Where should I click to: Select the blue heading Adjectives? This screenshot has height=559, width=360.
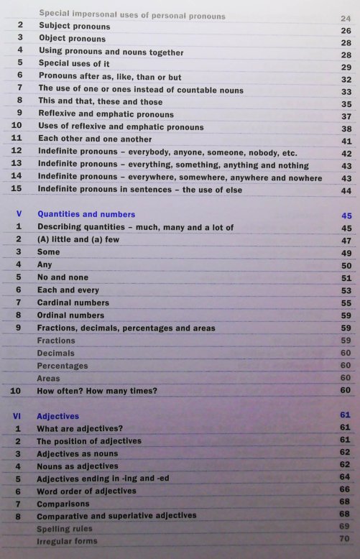coord(58,415)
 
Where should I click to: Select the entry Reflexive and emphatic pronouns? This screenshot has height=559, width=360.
coord(106,114)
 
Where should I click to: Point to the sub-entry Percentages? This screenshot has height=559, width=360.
coord(63,366)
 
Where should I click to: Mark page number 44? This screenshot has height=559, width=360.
coord(346,190)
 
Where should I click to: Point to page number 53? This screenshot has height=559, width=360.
coord(346,290)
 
